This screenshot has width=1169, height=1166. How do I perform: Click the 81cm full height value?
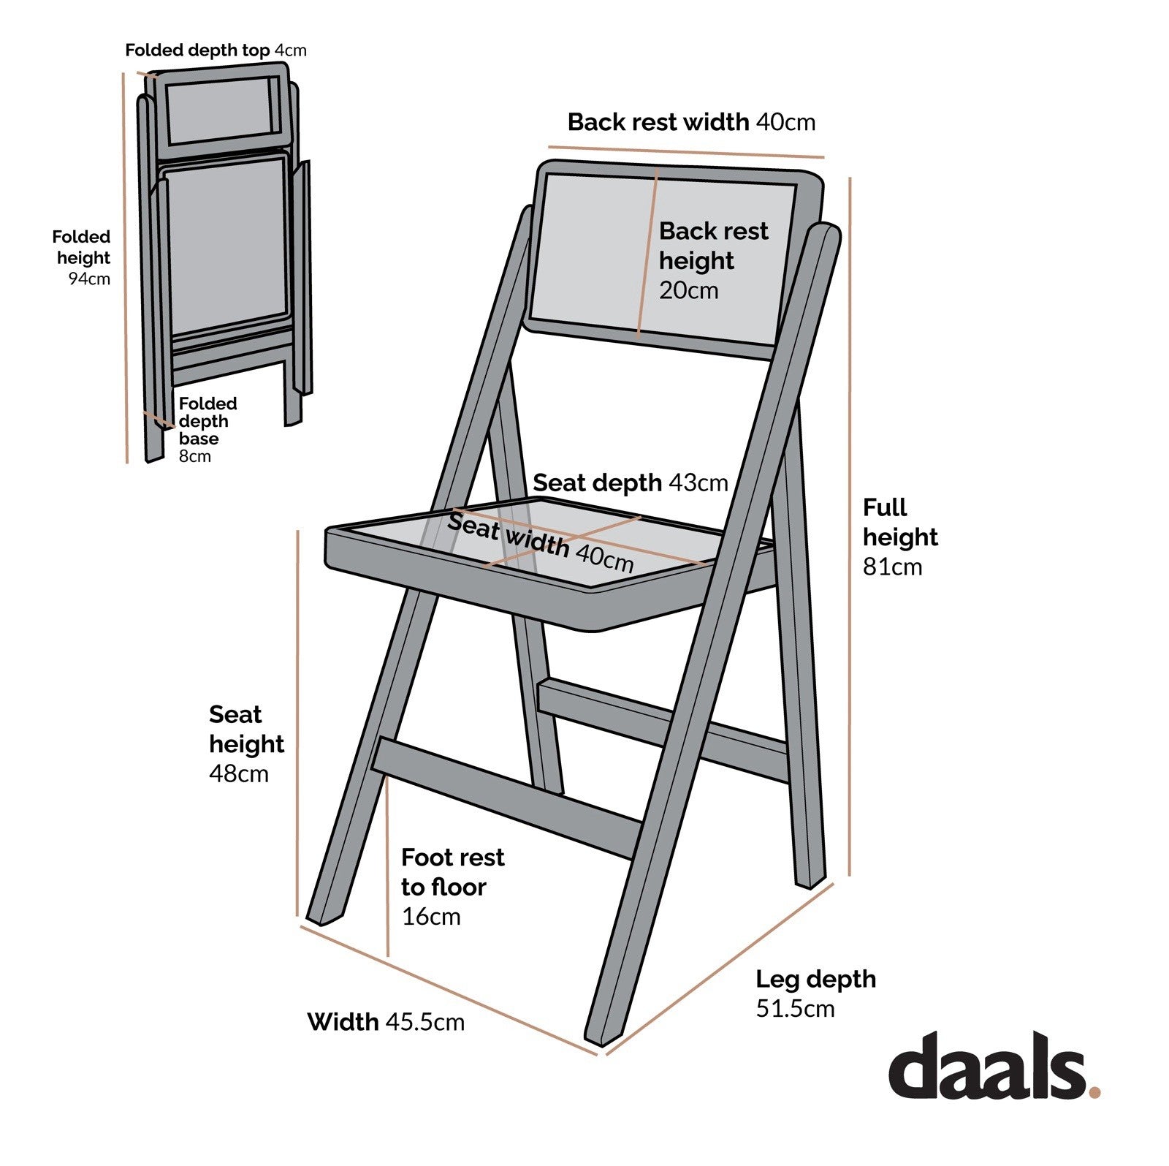[892, 567]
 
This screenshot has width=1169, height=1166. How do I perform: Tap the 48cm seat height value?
[239, 773]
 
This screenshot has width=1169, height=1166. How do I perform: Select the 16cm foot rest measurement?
[431, 917]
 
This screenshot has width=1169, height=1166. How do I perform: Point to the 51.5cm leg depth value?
[795, 1009]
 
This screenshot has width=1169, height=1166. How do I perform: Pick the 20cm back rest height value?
[688, 290]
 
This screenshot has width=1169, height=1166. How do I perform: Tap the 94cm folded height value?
[89, 279]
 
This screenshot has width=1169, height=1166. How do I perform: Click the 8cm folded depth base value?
[195, 456]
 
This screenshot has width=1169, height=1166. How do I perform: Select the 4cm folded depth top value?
[291, 50]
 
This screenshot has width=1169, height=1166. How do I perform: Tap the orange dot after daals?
[1094, 1091]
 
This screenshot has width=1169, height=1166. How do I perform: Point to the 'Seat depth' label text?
[597, 483]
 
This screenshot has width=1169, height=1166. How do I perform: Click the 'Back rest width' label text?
[658, 122]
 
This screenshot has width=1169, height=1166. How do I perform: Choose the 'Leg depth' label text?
[815, 979]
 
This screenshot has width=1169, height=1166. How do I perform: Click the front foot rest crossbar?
[504, 797]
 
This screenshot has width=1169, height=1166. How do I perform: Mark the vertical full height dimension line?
[850, 526]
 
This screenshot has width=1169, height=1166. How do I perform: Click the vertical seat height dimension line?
[297, 724]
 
